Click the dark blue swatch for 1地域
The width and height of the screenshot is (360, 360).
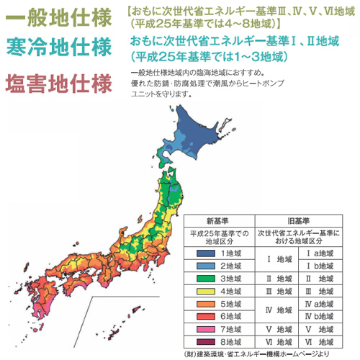(204, 253)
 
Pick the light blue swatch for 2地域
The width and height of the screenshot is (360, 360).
(204, 266)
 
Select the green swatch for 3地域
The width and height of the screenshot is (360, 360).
(204, 278)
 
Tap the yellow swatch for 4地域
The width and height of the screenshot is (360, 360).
(204, 291)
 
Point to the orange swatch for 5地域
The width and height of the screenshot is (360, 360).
(204, 303)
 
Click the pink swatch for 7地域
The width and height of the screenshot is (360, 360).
(204, 329)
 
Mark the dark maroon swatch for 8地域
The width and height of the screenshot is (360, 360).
(204, 341)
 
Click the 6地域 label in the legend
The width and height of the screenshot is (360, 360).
(233, 316)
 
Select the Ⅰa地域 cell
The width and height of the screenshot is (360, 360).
(319, 253)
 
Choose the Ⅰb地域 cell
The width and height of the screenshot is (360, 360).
(319, 266)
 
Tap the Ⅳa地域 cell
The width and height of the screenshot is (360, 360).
(319, 303)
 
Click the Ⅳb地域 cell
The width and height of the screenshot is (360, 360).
(319, 316)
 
